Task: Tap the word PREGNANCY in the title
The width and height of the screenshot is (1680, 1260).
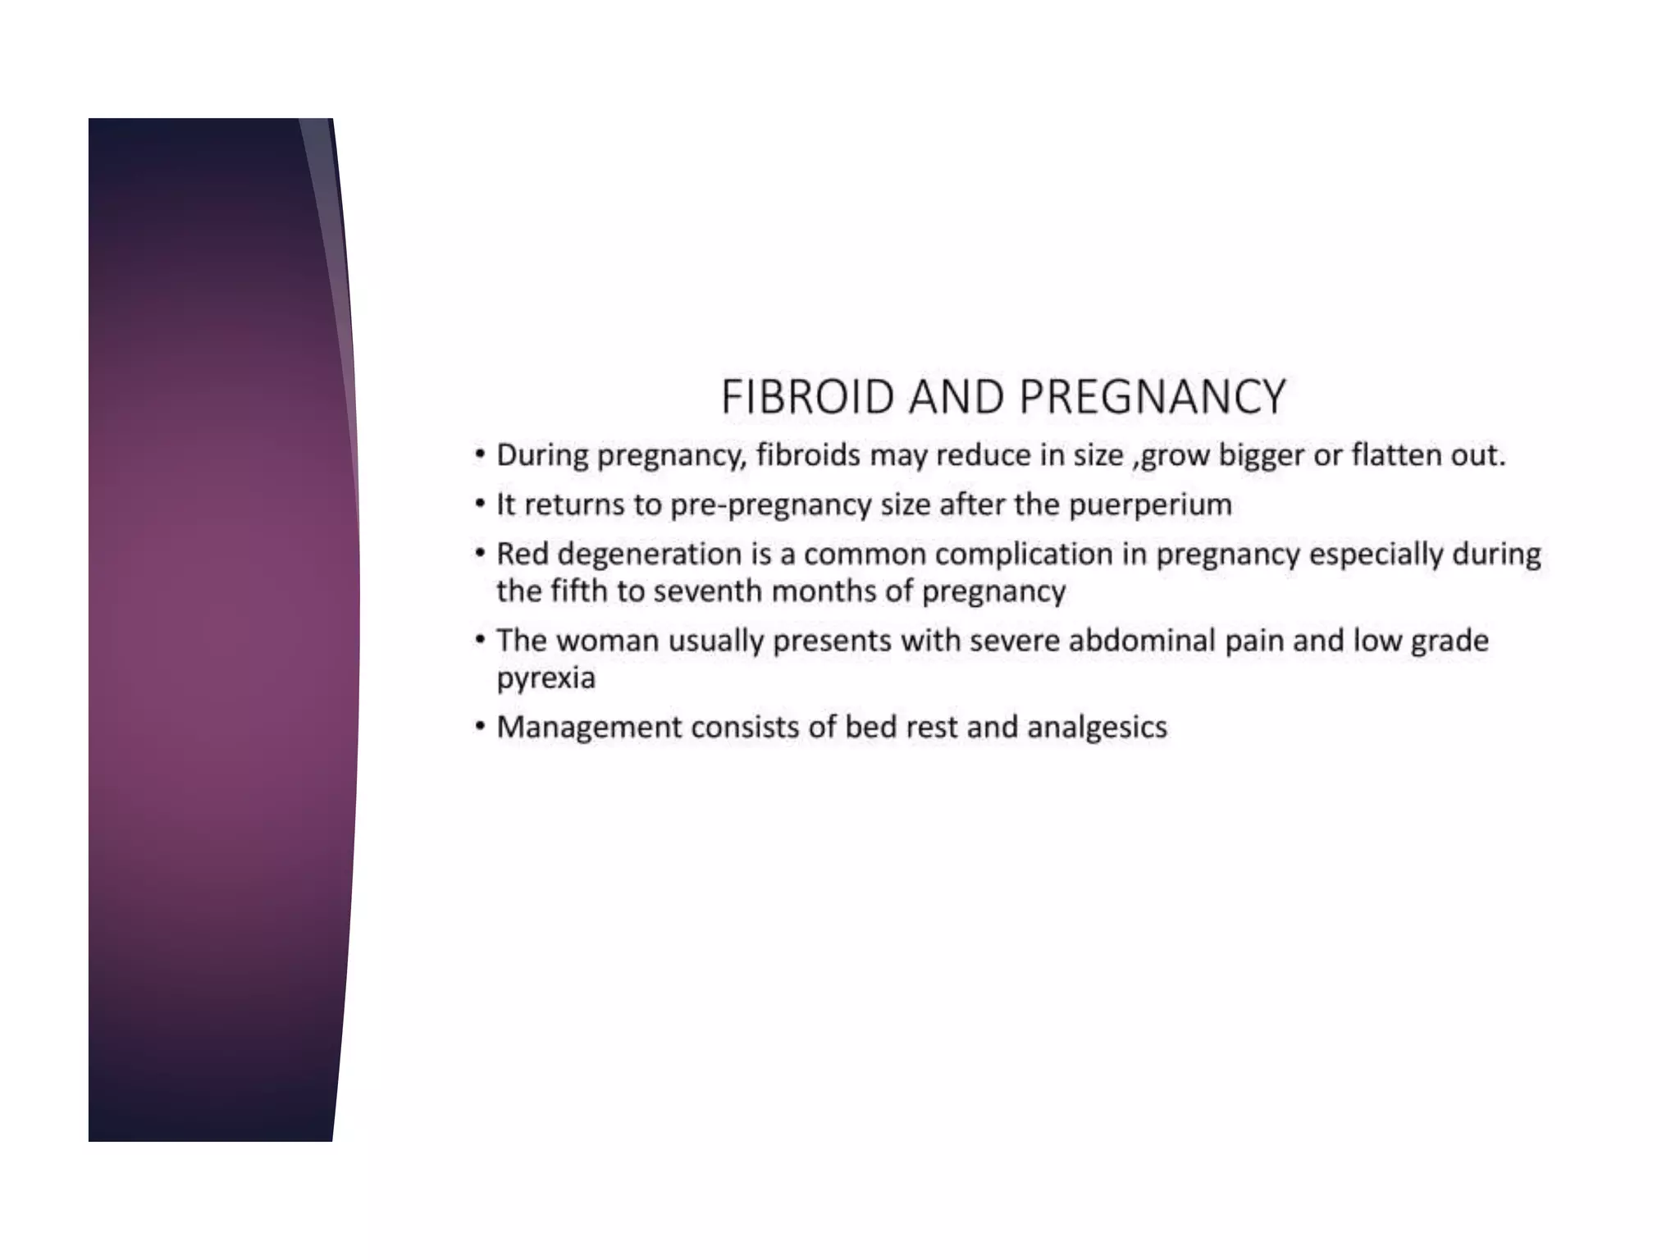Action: pyautogui.click(x=1153, y=397)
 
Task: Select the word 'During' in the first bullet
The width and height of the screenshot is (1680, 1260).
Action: pyautogui.click(x=542, y=454)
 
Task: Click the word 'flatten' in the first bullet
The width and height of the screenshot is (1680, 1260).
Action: pyautogui.click(x=1396, y=454)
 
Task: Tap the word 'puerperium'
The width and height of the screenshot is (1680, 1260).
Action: pyautogui.click(x=1150, y=504)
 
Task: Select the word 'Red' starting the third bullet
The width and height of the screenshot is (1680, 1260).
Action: pyautogui.click(x=523, y=554)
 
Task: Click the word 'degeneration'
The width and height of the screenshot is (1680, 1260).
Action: pyautogui.click(x=649, y=555)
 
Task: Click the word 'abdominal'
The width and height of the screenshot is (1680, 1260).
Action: pyautogui.click(x=1142, y=640)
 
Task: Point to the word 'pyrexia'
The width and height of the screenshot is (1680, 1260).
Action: pyautogui.click(x=546, y=678)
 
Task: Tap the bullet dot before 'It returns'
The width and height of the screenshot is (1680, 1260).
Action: pyautogui.click(x=480, y=504)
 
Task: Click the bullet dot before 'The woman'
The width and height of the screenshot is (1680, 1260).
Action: pyautogui.click(x=480, y=640)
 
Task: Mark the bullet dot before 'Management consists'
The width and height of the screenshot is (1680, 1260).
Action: pyautogui.click(x=480, y=727)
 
